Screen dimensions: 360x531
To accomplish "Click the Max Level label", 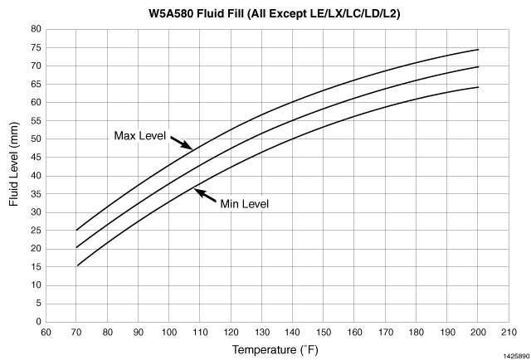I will point(140,135).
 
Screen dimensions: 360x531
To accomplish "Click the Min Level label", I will point(245,203).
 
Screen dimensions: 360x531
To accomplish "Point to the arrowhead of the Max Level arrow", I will point(192,148).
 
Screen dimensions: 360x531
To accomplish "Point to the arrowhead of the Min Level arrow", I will point(195,190).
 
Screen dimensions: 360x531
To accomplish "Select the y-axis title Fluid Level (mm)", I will point(13,173).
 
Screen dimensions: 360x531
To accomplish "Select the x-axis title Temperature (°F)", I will point(263,349).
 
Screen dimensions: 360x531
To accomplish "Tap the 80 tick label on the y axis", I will point(37,29).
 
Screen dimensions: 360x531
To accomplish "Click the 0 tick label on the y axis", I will point(39,322).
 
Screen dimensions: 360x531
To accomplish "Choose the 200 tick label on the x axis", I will point(478,333).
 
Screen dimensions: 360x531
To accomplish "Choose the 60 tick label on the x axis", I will point(46,333).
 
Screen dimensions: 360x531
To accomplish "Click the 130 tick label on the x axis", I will point(262,333).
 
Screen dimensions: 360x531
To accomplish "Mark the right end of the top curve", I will point(479,49).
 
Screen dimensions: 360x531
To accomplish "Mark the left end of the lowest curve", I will point(77,265).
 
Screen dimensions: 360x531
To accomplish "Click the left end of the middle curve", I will point(76,247).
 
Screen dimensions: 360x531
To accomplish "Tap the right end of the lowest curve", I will point(479,87).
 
